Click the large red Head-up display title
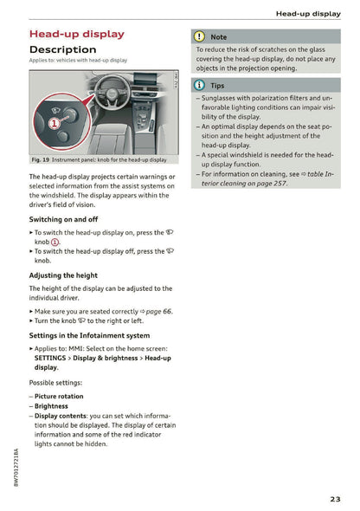pyautogui.click(x=77, y=34)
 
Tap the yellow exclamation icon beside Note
pyautogui.click(x=198, y=37)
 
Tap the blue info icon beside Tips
pyautogui.click(x=198, y=85)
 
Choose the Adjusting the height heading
pyautogui.click(x=63, y=275)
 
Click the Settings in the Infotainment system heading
pyautogui.click(x=89, y=335)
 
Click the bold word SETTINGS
pyautogui.click(x=53, y=357)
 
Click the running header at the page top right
pyautogui.click(x=307, y=14)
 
